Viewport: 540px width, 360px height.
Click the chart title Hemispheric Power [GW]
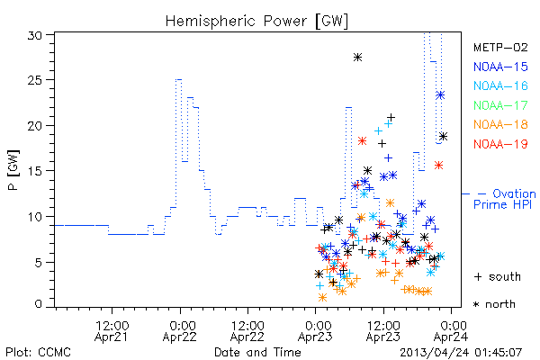coord(256,22)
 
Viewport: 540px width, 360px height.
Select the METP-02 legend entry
coord(500,47)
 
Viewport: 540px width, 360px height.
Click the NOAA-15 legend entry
coord(500,67)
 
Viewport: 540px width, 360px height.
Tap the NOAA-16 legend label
coord(500,85)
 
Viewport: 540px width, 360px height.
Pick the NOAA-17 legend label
coord(500,105)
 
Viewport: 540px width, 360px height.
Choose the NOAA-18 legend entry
coord(500,124)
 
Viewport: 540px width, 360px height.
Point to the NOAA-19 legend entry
coord(500,144)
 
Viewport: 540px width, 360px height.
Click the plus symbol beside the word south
coord(478,276)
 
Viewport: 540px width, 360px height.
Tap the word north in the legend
coord(500,304)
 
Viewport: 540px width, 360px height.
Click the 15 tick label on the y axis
coord(35,171)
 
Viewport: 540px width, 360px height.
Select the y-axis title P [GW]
coord(13,170)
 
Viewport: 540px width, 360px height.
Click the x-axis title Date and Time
coord(257,353)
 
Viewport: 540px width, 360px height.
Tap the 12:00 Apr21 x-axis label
coord(112,331)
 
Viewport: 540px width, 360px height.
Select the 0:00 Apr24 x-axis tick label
coord(451,331)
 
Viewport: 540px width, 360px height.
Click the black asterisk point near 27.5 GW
coord(358,58)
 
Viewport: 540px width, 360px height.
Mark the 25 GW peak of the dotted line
coord(179,79)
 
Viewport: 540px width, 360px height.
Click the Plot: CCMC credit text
coord(38,353)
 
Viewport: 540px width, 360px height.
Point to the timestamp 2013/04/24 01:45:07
coord(461,353)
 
